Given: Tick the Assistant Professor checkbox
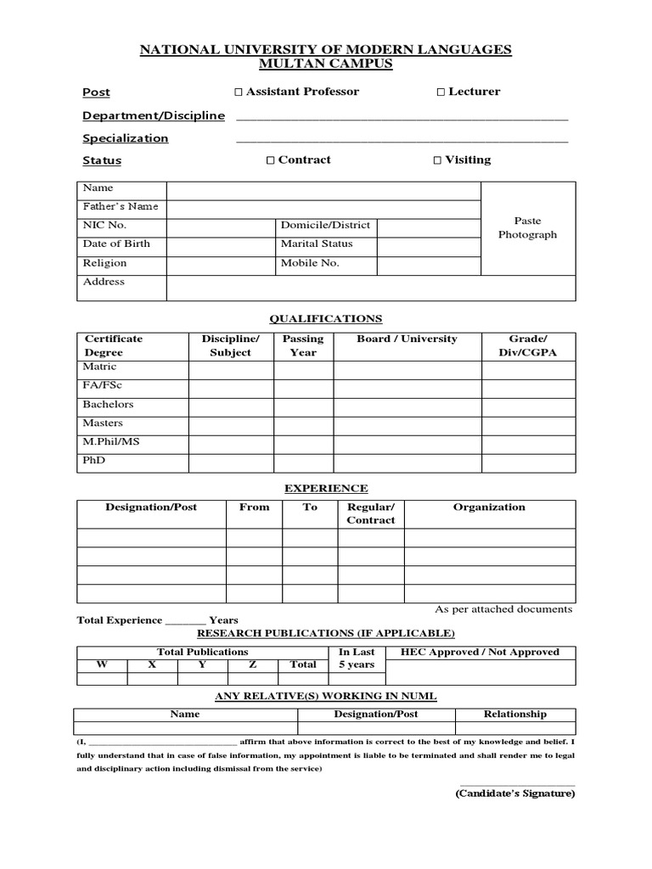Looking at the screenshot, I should [x=239, y=92].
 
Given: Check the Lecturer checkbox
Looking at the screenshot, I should [x=441, y=92].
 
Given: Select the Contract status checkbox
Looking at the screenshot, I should [x=270, y=160].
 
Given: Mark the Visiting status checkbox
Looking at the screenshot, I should [x=437, y=160].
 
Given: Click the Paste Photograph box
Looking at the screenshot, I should [x=527, y=227].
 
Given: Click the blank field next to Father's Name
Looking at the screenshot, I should [x=323, y=208].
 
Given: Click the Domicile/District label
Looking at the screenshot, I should [x=325, y=226].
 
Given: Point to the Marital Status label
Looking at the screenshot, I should [x=317, y=244].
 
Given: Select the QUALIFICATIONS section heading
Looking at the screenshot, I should [x=325, y=319].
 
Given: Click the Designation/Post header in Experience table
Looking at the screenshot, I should [x=151, y=507].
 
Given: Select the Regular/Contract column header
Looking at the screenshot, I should [x=371, y=513].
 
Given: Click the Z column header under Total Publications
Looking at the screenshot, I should [x=252, y=665].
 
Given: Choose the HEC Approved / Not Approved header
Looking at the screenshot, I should [x=481, y=653].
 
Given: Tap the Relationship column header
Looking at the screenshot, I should [x=514, y=715].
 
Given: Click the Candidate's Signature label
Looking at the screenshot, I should [x=514, y=793].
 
